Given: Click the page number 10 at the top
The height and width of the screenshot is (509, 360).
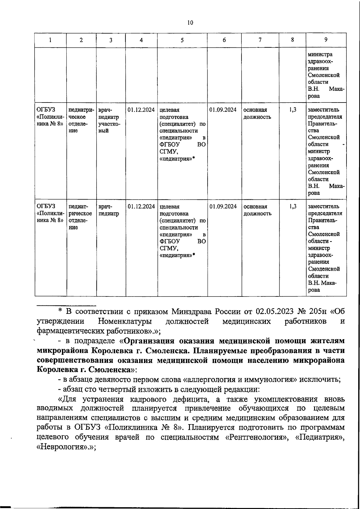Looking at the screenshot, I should pyautogui.click(x=190, y=23).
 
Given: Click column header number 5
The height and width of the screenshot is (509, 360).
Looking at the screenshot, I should pyautogui.click(x=182, y=40).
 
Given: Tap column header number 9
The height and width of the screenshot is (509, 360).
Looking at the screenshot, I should pyautogui.click(x=326, y=40).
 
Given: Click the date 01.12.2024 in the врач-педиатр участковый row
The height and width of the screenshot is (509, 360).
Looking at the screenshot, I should pyautogui.click(x=141, y=110).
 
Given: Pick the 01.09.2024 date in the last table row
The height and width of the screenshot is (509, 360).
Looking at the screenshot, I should pyautogui.click(x=223, y=207).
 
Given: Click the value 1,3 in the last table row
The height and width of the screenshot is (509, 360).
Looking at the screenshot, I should pyautogui.click(x=293, y=207).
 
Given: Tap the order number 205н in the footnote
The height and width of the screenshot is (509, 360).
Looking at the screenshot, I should pyautogui.click(x=316, y=311).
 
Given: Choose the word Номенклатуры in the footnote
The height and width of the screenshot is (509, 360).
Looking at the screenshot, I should pyautogui.click(x=124, y=321).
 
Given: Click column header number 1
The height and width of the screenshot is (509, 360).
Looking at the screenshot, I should pyautogui.click(x=50, y=40).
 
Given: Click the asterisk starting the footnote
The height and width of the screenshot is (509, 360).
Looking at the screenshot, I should pyautogui.click(x=60, y=311).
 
